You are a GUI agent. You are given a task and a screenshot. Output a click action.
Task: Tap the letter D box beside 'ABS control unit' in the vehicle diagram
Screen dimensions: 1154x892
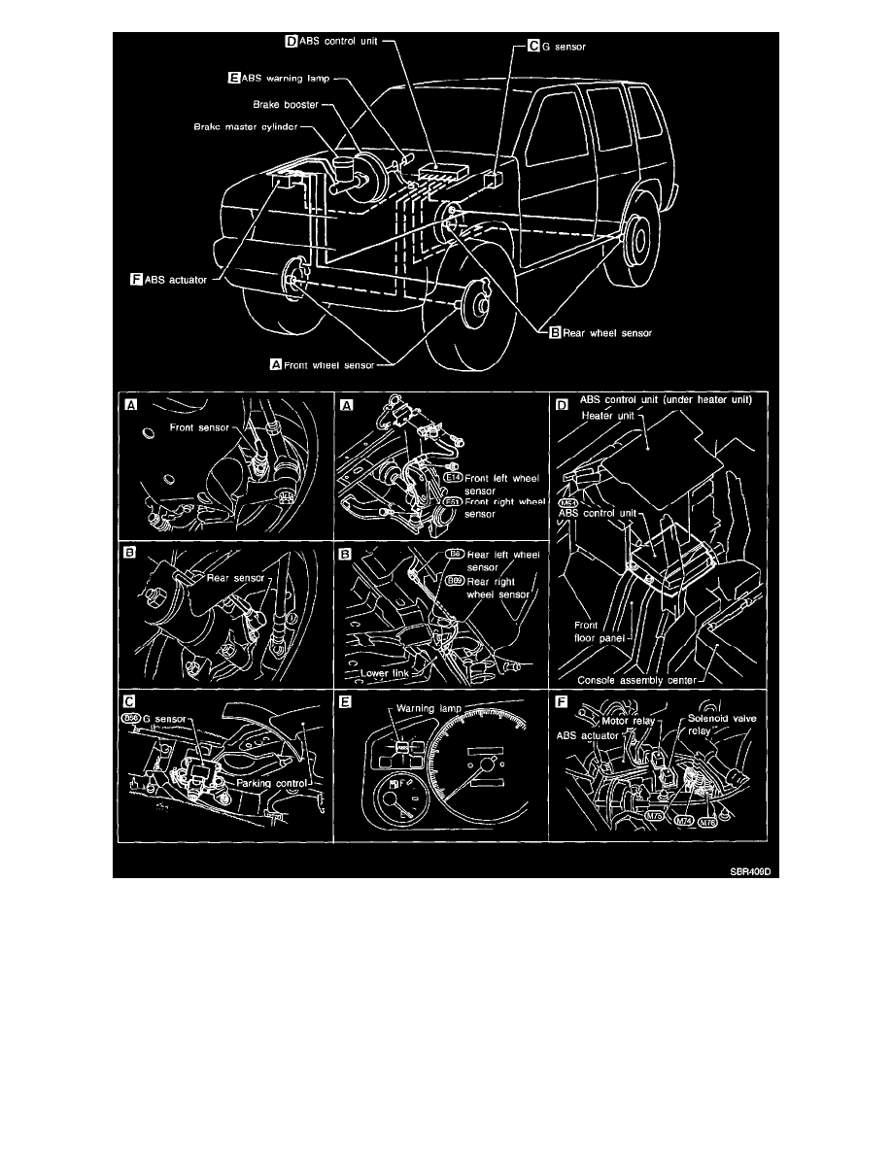pos(289,41)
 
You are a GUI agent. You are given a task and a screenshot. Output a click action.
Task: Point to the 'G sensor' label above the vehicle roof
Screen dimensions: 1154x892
pos(562,45)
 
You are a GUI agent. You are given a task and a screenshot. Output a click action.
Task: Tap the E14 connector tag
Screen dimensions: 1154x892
pos(452,478)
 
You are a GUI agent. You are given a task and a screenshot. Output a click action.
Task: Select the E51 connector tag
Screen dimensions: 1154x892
pos(452,501)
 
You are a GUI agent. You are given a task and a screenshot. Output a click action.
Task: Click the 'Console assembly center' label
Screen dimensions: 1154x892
pos(636,680)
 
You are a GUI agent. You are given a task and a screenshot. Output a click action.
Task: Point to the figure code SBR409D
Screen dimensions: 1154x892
pos(755,871)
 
